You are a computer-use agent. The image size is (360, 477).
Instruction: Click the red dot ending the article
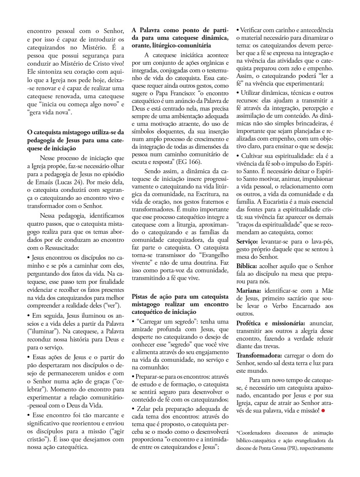point(323,410)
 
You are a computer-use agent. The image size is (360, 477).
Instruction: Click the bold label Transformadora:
point(259,355)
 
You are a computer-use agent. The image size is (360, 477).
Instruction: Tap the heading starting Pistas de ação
point(180,304)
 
